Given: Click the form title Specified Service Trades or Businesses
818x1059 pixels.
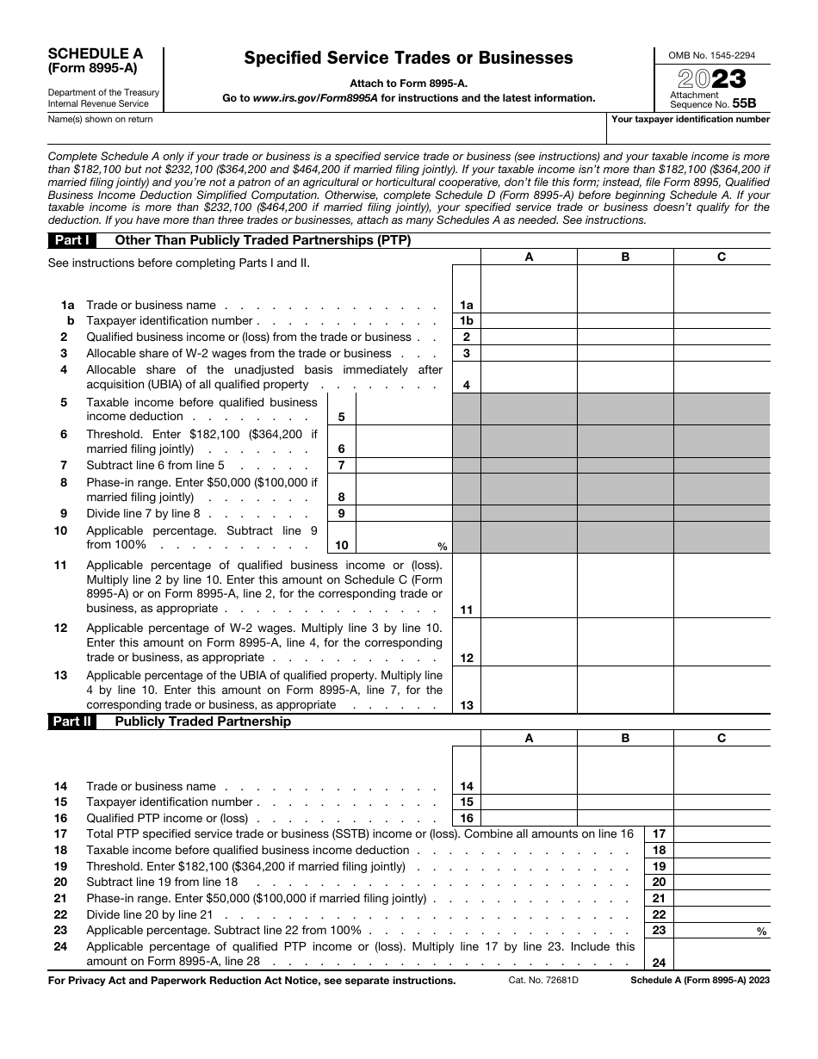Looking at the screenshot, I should point(408,59).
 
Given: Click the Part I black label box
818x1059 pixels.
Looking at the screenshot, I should point(72,240).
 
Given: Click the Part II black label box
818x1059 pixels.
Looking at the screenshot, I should point(72,721).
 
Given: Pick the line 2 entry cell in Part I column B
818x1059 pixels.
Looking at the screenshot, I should point(625,338).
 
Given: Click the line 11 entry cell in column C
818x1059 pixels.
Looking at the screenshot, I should point(722,585).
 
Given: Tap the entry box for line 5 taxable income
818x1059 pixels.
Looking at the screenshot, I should point(403,409).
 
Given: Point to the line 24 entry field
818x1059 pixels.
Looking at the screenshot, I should point(722,954).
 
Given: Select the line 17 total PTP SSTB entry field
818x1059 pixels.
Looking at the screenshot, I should point(722,834).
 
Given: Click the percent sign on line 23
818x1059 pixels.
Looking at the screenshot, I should point(761,932).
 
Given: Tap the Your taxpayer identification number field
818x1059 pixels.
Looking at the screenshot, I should point(689,131).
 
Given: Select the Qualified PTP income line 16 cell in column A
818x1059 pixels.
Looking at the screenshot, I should point(529,818).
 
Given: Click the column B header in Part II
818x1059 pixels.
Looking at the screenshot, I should point(625,738).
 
